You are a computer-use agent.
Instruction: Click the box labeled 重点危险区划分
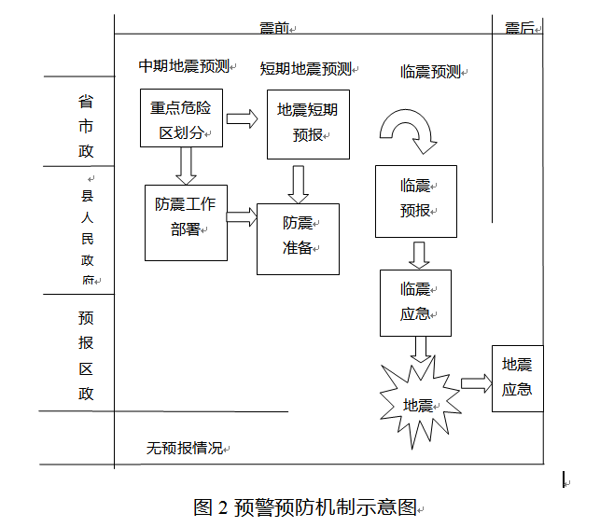click(181, 118)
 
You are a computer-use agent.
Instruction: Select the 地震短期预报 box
click(308, 123)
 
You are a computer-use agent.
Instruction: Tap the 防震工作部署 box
click(187, 222)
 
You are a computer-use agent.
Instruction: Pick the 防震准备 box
click(298, 238)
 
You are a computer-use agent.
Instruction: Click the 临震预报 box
click(415, 200)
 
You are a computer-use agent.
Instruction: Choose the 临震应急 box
click(415, 302)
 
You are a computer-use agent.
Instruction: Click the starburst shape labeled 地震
click(418, 403)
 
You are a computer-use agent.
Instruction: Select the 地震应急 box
click(517, 378)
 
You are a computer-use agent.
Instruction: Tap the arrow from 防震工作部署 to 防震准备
click(242, 216)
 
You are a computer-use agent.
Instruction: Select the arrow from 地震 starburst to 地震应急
click(475, 382)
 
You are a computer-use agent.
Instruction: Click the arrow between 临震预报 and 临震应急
click(419, 254)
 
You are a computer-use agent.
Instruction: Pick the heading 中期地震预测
click(184, 66)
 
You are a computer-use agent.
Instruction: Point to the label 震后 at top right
click(520, 28)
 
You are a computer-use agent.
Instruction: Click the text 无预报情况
click(185, 448)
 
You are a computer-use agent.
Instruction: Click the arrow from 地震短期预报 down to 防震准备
click(299, 184)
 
